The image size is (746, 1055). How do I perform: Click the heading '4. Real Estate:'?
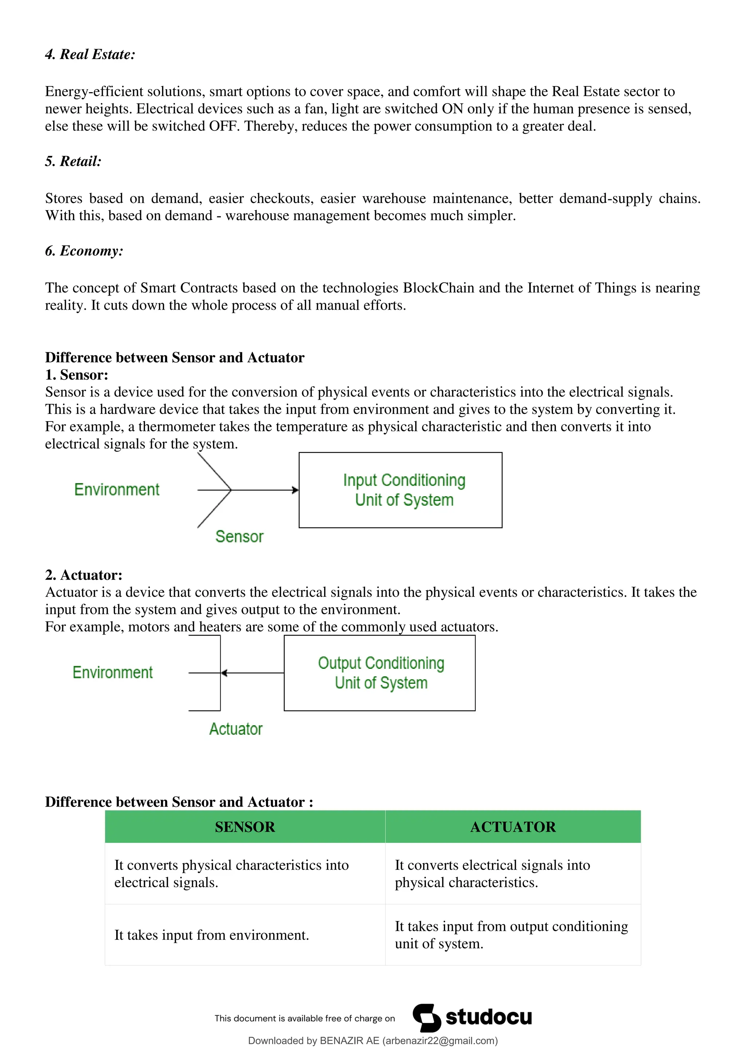90,55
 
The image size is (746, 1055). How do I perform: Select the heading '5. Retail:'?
73,161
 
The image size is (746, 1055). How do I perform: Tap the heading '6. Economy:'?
84,251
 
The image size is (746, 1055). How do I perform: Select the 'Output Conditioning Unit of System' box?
380,673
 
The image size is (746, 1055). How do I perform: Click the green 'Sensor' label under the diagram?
239,537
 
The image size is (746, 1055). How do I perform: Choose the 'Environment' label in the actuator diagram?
113,673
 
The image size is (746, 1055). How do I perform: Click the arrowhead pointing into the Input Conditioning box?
295,490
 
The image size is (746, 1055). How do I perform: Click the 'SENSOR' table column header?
245,827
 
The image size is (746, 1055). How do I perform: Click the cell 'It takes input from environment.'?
211,935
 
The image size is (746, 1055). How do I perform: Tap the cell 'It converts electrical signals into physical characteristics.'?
492,874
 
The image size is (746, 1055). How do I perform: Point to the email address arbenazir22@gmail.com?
440,1041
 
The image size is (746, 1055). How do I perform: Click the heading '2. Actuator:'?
84,575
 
